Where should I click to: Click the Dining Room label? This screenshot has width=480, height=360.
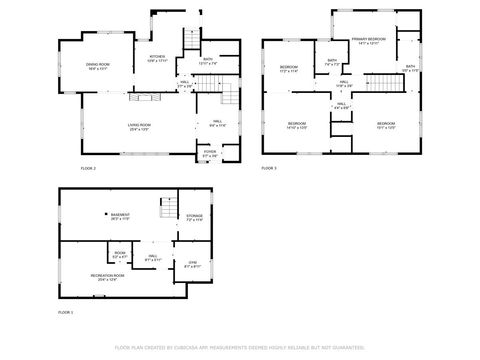coord(97,66)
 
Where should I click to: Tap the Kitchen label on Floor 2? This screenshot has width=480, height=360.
coord(158,58)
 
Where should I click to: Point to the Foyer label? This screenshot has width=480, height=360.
coord(210,154)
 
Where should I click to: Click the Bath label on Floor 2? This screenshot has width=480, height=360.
coord(208,61)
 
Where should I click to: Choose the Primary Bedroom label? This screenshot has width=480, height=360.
coord(366,41)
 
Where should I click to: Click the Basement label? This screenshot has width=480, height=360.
coord(122,215)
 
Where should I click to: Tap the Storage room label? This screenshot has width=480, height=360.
coord(194,217)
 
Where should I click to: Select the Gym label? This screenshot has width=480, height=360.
coord(194,264)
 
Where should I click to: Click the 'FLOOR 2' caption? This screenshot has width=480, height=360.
coord(88,169)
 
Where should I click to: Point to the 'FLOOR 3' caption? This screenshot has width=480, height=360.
coord(268,169)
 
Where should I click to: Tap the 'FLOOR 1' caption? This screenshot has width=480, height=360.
coord(65,313)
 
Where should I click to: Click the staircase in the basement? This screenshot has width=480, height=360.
coord(169,209)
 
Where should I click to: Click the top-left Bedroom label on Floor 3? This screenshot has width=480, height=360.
coord(289,70)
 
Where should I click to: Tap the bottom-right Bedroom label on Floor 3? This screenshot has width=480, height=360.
coord(386,126)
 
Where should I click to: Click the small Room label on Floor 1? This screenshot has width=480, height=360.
coord(119,255)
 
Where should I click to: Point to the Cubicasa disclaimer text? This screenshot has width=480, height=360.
coord(239,348)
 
